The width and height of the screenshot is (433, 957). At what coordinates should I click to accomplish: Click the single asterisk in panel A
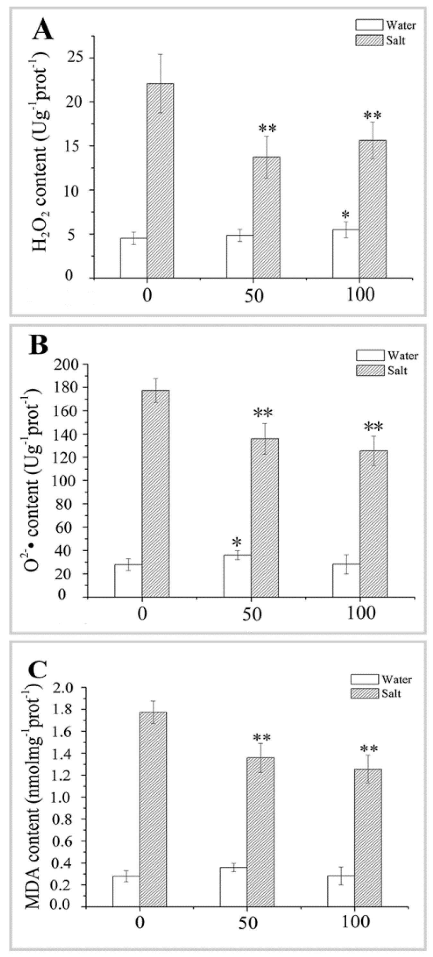(x=345, y=216)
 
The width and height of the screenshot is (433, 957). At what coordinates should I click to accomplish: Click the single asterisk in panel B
(x=236, y=542)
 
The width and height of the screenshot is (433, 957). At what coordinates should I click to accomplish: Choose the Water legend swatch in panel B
(x=370, y=356)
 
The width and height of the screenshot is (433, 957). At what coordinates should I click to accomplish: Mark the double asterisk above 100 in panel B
(x=373, y=427)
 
